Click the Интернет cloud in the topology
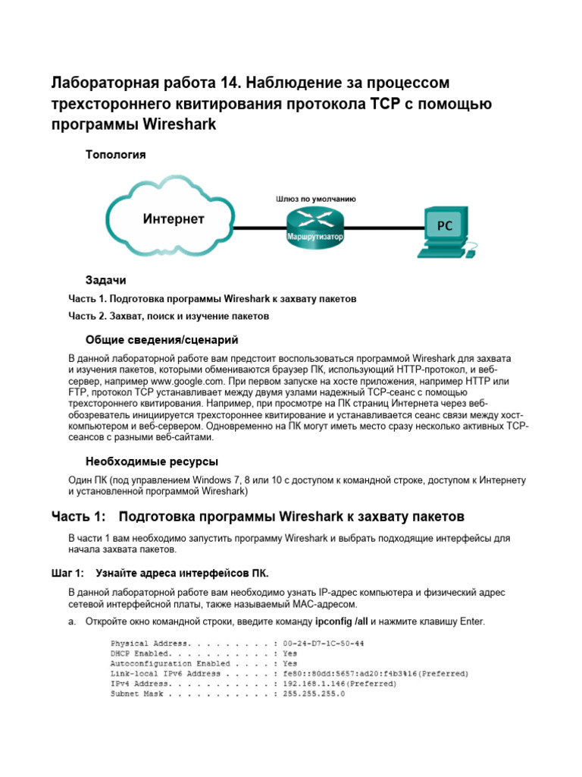tap(174, 219)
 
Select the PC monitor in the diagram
tap(445, 225)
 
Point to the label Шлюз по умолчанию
tap(315, 199)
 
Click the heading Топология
tap(114, 154)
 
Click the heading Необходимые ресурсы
tap(152, 461)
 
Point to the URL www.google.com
tap(188, 380)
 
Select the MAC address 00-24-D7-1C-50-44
tap(323, 643)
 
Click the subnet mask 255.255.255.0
tap(314, 694)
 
